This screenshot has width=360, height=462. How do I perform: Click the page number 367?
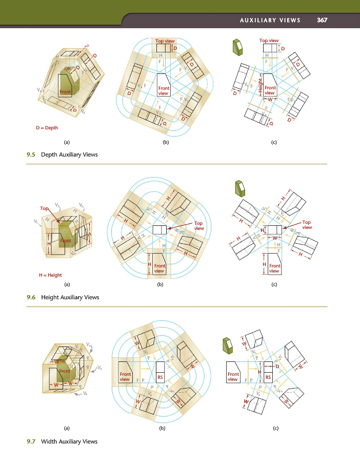click(x=322, y=21)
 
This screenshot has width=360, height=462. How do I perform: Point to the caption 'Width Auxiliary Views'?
click(x=69, y=441)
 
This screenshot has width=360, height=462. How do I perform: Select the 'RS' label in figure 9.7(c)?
click(x=268, y=376)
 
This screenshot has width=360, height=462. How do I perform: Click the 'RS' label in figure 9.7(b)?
click(x=160, y=376)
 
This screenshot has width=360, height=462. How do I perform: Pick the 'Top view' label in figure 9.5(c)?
click(x=269, y=40)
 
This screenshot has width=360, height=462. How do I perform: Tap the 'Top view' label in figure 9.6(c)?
click(x=307, y=224)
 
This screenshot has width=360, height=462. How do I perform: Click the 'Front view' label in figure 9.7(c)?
click(x=233, y=377)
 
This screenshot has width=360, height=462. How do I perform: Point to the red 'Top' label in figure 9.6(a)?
click(x=44, y=208)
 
